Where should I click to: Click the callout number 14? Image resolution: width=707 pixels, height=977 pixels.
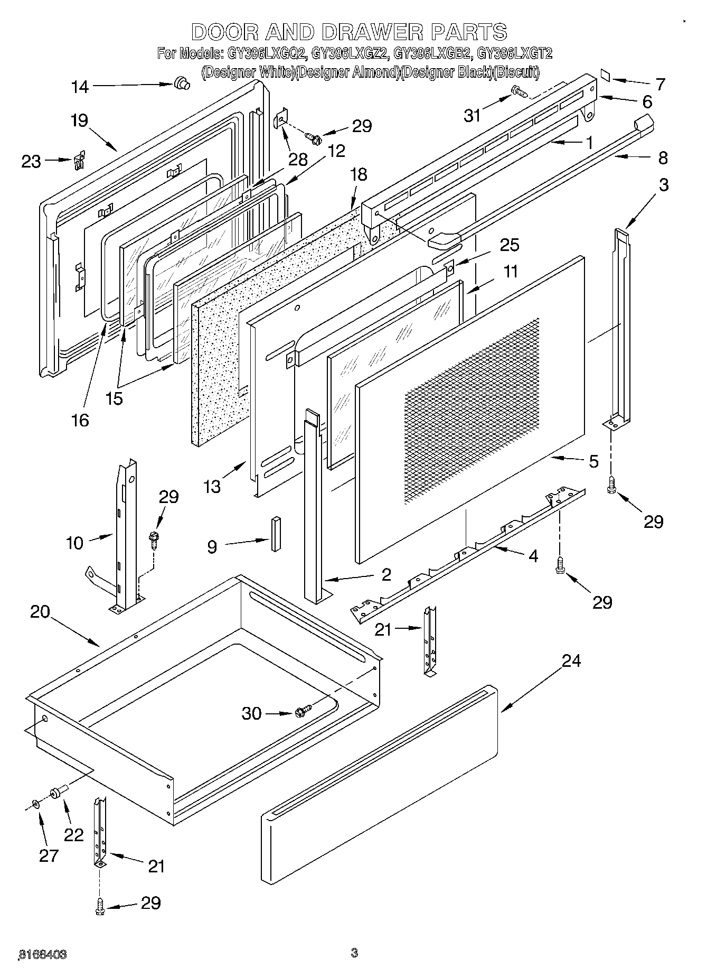click(x=80, y=87)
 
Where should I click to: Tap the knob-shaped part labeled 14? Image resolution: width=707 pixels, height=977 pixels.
click(x=182, y=83)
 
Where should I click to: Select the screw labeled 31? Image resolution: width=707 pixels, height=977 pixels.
click(x=520, y=93)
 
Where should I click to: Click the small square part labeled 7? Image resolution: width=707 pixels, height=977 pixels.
click(x=606, y=76)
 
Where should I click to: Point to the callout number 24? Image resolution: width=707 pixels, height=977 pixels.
click(x=571, y=660)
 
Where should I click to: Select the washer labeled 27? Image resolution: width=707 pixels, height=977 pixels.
click(x=36, y=804)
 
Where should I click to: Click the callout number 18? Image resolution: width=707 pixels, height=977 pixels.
click(x=359, y=174)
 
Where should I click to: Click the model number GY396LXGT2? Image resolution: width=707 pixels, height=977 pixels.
click(x=514, y=53)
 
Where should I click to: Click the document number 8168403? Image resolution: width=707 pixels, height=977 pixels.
click(x=42, y=954)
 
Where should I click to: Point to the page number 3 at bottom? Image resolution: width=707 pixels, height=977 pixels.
click(x=354, y=953)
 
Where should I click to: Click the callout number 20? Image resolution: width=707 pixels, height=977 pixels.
click(x=40, y=612)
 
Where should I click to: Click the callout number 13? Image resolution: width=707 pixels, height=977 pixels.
click(x=212, y=486)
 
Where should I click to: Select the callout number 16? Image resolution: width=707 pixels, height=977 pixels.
click(x=80, y=420)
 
